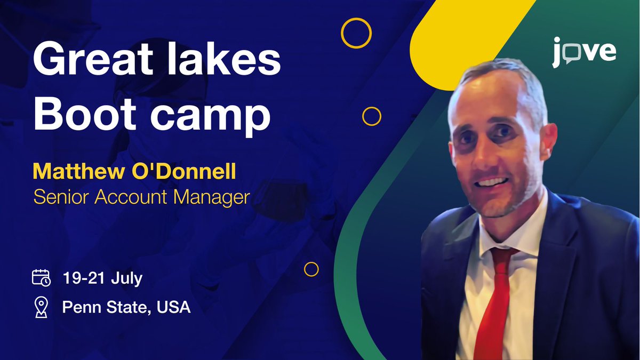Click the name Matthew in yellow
point(79,171)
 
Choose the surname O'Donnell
point(183,171)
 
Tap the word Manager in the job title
point(212,198)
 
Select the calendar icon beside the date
point(41,277)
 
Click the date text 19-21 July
point(102,278)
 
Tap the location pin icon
point(41,307)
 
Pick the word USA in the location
point(173,307)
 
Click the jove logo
point(584,52)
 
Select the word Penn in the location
point(82,307)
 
